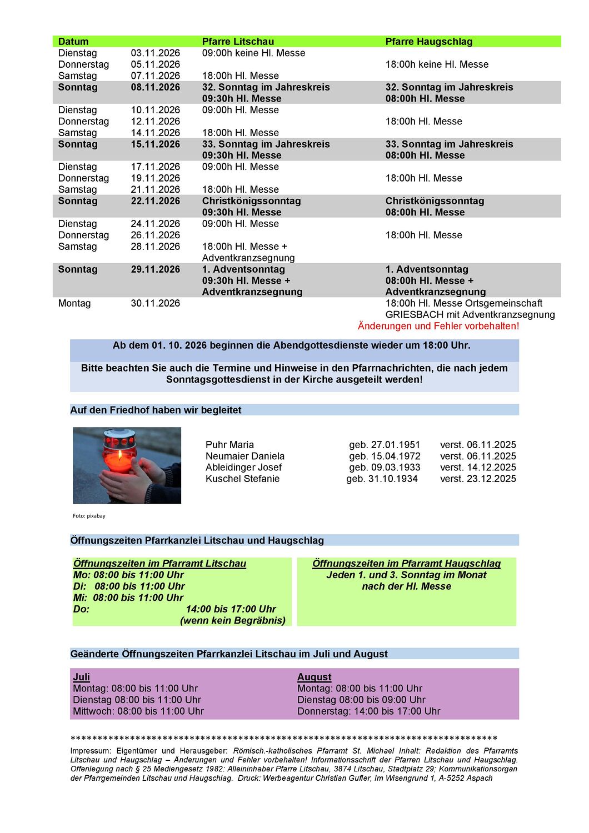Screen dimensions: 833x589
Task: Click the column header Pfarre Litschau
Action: [238, 42]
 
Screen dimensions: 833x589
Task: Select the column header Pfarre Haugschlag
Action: [429, 42]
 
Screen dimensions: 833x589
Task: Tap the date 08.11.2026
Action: [156, 87]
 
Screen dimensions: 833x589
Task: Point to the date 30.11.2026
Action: [156, 303]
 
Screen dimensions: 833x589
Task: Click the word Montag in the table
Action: [74, 303]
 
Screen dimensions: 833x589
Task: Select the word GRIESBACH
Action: [412, 315]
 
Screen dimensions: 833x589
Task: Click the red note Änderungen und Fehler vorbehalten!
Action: [438, 326]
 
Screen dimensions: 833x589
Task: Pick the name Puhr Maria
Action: [229, 445]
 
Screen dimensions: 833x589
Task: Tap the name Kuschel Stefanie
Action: [242, 479]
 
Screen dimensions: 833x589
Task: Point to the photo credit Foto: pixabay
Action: [89, 516]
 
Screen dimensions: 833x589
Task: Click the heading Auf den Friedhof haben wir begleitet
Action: [156, 410]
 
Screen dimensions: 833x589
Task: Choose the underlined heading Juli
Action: [81, 677]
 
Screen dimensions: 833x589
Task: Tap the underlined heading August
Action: [314, 677]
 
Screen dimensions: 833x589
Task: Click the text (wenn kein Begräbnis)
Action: [233, 620]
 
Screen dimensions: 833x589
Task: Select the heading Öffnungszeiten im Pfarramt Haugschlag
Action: [406, 564]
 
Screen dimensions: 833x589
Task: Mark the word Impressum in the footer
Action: [90, 751]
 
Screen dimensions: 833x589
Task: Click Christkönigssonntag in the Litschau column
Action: [251, 201]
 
